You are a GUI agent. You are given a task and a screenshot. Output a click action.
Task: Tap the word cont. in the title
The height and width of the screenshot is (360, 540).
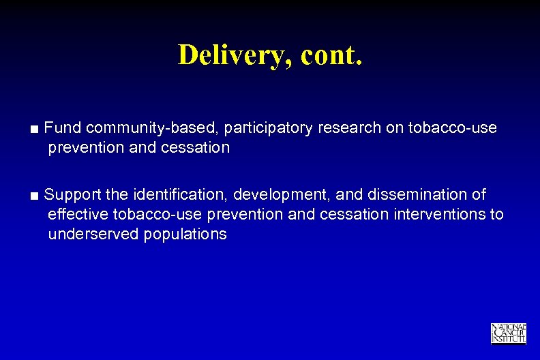(327, 55)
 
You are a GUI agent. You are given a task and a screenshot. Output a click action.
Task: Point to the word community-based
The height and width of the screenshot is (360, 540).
(151, 128)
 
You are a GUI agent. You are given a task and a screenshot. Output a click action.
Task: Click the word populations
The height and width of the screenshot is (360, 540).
(185, 235)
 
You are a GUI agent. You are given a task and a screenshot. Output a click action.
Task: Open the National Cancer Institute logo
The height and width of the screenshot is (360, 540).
(508, 333)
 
